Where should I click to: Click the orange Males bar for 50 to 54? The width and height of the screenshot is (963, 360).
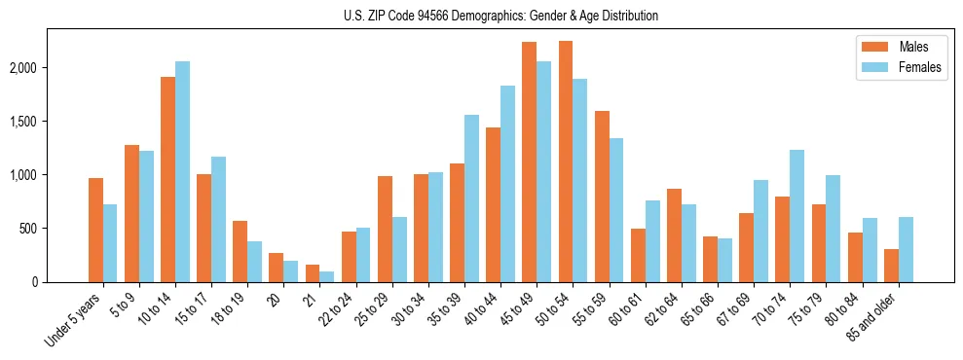[566, 162]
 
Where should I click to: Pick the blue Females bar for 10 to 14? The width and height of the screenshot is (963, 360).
[182, 171]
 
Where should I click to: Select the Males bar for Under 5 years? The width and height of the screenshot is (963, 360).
[95, 230]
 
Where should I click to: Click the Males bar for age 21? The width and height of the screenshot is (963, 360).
[313, 273]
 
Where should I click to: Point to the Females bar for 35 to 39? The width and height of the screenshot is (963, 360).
[471, 198]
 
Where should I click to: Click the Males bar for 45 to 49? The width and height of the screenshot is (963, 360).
[530, 162]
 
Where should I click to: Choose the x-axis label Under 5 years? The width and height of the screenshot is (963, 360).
[74, 321]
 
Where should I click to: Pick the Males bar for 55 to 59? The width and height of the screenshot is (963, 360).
[602, 197]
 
